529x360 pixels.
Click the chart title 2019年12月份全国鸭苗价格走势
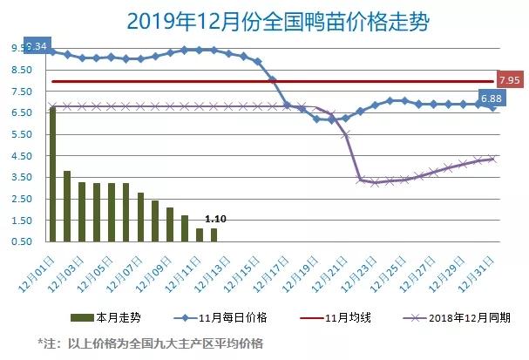[x=264, y=18]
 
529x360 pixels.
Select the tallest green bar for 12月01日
[x=53, y=174]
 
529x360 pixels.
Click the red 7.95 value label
[x=508, y=80]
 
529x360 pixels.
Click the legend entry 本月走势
[x=103, y=318]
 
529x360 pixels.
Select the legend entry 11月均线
[x=324, y=318]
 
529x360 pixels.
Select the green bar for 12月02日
[x=67, y=207]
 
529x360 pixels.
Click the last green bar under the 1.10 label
[x=214, y=235]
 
